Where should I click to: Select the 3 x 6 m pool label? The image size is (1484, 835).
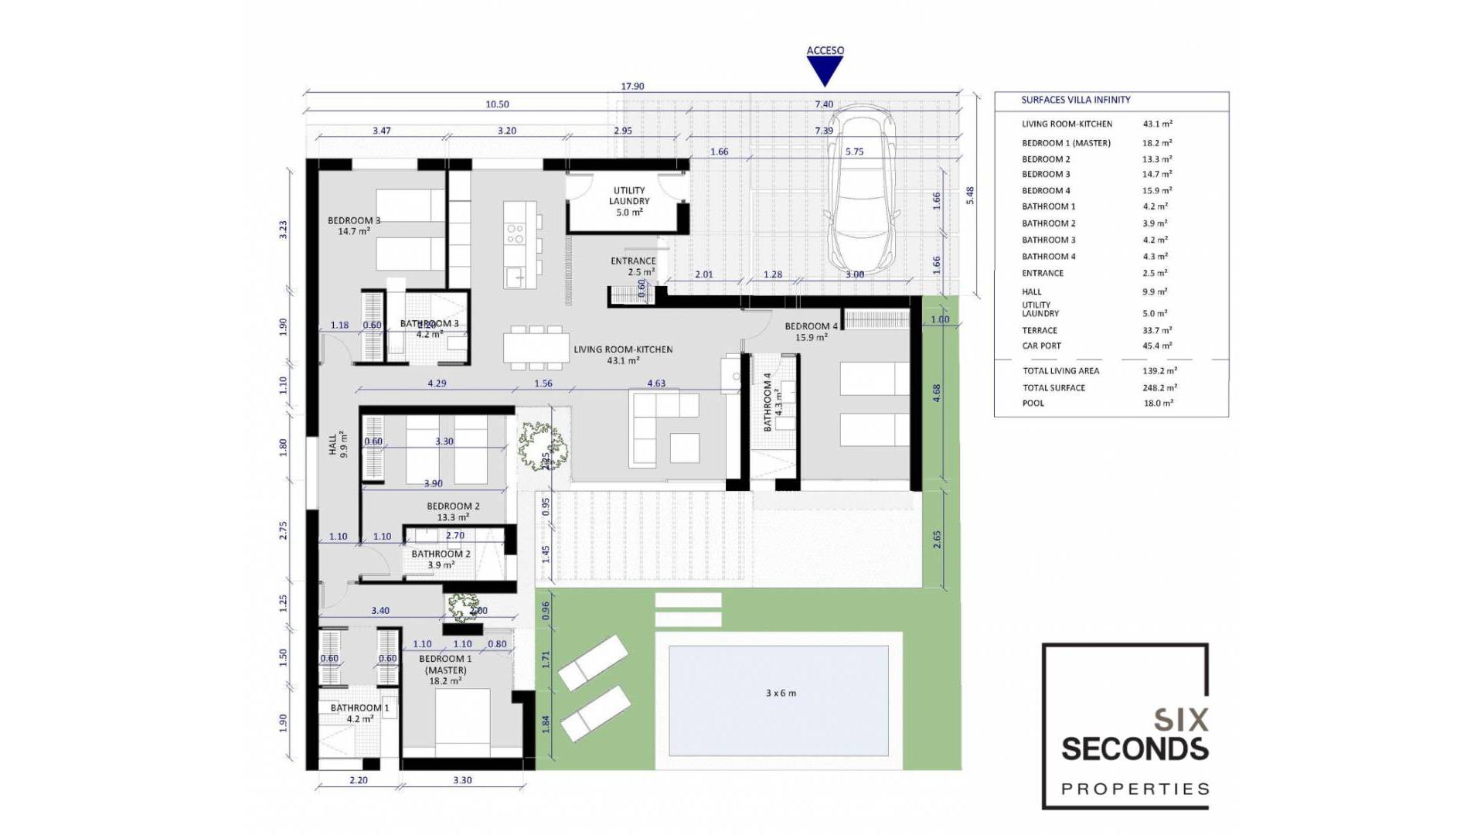tap(781, 694)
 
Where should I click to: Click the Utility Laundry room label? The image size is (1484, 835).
tap(628, 201)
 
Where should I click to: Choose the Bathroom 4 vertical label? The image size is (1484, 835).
tap(768, 402)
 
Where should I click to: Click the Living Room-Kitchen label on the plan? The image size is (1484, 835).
tap(623, 350)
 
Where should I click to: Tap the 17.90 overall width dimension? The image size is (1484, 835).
tap(632, 87)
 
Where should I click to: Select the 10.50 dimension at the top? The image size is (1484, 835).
tap(497, 104)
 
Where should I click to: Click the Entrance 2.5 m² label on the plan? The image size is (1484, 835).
tap(633, 267)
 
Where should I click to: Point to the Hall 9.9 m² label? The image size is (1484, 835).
tap(338, 445)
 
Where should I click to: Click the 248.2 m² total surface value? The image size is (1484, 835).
tap(1159, 388)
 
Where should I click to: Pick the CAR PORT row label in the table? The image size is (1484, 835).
tap(1041, 346)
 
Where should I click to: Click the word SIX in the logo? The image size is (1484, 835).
tap(1180, 721)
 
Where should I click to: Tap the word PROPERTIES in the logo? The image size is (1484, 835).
tap(1135, 789)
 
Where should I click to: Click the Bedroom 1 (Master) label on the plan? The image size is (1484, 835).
tap(445, 670)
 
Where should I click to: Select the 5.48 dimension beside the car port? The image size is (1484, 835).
tap(970, 196)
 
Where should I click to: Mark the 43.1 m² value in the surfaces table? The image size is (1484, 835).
tap(1157, 124)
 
